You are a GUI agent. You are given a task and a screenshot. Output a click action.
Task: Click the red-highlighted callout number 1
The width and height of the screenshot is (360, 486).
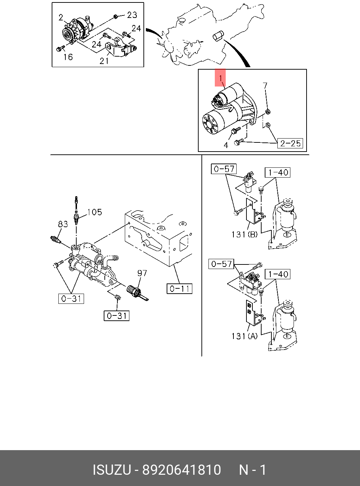220,78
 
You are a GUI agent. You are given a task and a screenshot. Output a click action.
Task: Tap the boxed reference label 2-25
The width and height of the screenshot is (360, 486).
290,143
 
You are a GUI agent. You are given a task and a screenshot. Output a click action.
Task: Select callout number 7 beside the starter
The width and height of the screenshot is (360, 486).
265,86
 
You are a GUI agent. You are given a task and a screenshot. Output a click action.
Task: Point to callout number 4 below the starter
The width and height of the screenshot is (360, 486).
226,145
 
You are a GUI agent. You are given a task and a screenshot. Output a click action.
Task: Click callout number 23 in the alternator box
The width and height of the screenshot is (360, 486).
132,15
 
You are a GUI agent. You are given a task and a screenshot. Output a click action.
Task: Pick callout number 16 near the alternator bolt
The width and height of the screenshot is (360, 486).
68,57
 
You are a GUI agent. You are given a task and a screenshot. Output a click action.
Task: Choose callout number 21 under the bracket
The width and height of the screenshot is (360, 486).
104,60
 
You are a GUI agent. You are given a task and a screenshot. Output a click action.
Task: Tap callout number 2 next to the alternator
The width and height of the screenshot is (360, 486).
61,17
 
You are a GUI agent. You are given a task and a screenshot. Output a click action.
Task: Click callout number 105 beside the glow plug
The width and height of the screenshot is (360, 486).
94,212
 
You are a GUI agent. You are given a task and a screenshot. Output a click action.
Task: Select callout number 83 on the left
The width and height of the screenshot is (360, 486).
63,224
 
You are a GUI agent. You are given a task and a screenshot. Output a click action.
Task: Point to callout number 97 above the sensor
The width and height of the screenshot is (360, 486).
142,273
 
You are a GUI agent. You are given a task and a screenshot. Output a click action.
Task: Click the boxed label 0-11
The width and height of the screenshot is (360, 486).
179,289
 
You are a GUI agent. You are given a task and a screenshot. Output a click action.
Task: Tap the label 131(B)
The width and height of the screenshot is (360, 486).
244,234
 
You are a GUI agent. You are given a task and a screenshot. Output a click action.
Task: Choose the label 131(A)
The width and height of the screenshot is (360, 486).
244,336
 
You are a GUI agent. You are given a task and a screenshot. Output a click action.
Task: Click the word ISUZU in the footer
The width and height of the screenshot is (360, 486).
112,470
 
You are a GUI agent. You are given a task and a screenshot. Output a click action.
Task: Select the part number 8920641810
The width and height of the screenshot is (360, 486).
181,470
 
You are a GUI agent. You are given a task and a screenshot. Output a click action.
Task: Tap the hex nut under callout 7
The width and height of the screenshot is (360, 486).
267,112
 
